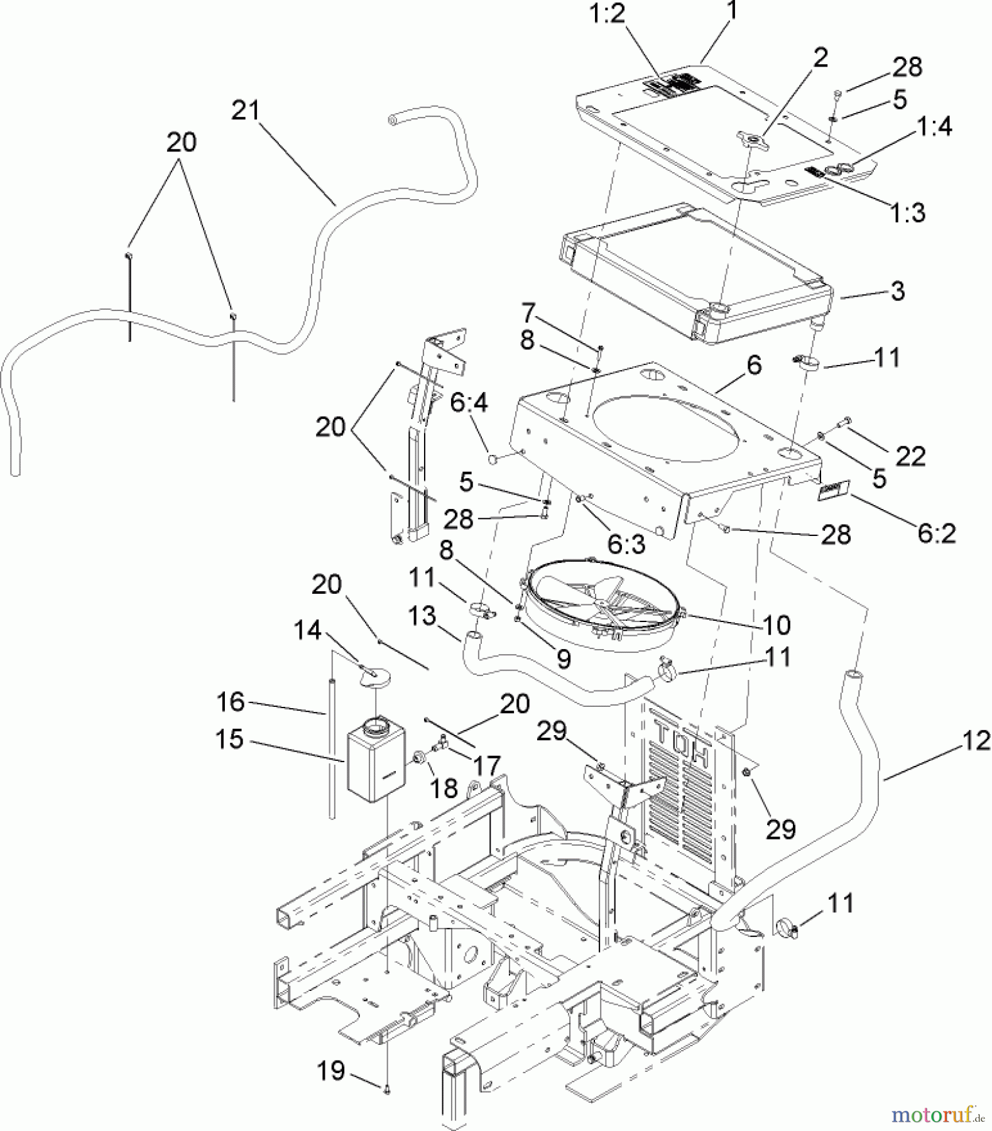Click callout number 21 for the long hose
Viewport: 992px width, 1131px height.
pyautogui.click(x=244, y=111)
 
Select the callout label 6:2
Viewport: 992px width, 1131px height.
pyautogui.click(x=936, y=533)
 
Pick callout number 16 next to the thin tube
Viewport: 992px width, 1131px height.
pyautogui.click(x=231, y=702)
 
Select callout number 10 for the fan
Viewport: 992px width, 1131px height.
pyautogui.click(x=776, y=625)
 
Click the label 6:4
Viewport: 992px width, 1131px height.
pyautogui.click(x=468, y=402)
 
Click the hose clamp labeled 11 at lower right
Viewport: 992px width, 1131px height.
pyautogui.click(x=787, y=927)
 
